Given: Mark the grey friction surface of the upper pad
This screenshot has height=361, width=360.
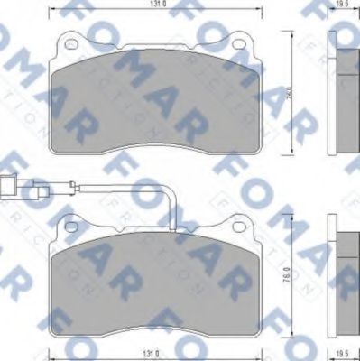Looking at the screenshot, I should click(153, 104).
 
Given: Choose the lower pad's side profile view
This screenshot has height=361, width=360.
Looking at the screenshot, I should click(344, 271).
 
